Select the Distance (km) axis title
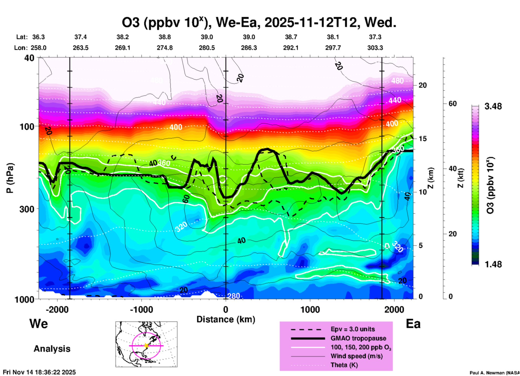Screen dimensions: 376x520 [226, 319]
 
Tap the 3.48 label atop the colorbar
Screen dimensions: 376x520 [493, 106]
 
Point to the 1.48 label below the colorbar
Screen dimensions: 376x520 [493, 264]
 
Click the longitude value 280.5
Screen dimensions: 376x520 [207, 48]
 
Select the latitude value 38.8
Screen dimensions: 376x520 [165, 37]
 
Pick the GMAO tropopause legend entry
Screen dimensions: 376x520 [358, 338]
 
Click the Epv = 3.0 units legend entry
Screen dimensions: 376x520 [353, 329]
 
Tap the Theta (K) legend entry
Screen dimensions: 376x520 [344, 365]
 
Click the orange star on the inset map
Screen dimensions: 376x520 [146, 346]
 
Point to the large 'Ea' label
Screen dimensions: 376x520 [413, 324]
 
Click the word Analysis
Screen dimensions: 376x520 [52, 349]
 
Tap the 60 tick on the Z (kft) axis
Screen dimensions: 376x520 [453, 104]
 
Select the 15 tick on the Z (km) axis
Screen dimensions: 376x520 [422, 139]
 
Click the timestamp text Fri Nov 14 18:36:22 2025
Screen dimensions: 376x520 [39, 372]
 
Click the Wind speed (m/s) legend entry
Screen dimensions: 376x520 [356, 356]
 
